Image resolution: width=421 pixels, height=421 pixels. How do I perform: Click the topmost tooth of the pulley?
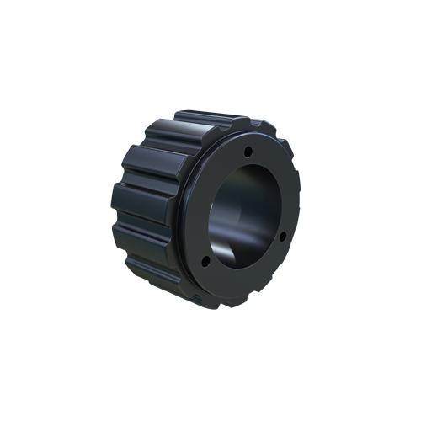click(195, 119)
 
